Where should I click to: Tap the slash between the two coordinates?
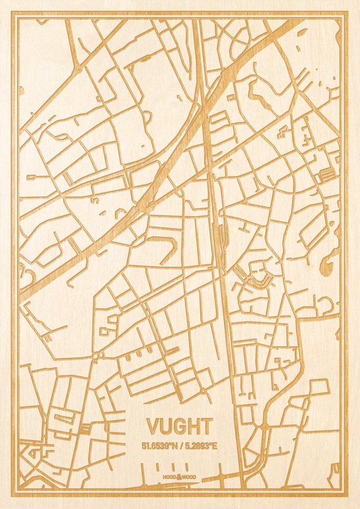coord(181,446)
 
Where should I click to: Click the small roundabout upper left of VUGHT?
coord(97,355)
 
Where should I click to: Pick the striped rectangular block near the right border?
coord(326,173)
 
